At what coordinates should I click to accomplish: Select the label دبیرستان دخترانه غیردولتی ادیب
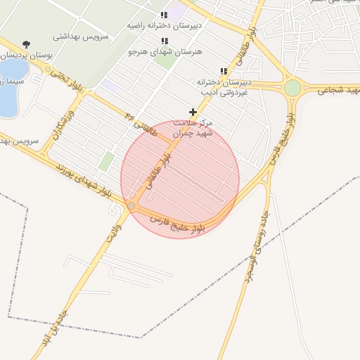[224, 86]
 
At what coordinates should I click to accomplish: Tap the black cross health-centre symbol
[193, 112]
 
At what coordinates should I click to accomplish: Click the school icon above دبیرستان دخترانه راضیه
[164, 15]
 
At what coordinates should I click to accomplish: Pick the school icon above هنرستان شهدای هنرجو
[165, 41]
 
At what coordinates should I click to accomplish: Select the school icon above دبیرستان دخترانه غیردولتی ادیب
[224, 72]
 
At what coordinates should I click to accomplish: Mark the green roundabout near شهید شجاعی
[292, 89]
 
